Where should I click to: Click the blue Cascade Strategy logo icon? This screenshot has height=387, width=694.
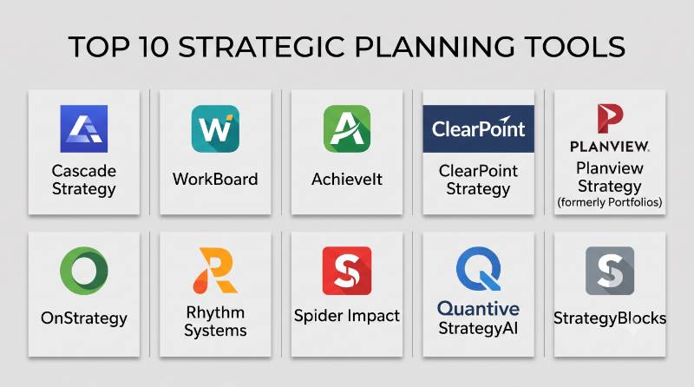coord(83,128)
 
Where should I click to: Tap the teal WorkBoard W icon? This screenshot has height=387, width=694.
coord(215,128)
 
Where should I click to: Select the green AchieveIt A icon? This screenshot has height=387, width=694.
coord(347,128)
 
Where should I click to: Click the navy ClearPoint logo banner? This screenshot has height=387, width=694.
coord(479,128)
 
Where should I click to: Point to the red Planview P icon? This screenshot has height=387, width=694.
coord(610,118)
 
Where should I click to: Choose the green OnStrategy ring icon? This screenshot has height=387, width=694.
coord(83,271)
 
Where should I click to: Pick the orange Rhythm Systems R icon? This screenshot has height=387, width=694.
coord(215,270)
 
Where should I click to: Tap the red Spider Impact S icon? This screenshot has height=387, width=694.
coord(347,271)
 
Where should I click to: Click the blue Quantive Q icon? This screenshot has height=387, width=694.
coord(479,268)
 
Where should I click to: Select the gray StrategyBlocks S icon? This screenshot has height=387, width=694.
coord(610,271)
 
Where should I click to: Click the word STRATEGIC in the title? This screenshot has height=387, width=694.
coord(261,47)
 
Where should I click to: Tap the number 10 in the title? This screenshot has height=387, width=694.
coord(154,47)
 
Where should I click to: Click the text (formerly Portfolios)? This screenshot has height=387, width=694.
coord(610,202)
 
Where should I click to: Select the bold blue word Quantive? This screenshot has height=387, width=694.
coord(479,309)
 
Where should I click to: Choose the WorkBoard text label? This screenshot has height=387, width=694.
coord(215,180)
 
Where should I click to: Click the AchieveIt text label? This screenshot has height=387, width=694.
coord(347,180)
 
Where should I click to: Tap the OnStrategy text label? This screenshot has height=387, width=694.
coord(83,318)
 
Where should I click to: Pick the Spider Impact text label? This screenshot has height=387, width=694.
coord(347,316)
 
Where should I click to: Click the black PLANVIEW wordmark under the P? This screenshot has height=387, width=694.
coord(610,147)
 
